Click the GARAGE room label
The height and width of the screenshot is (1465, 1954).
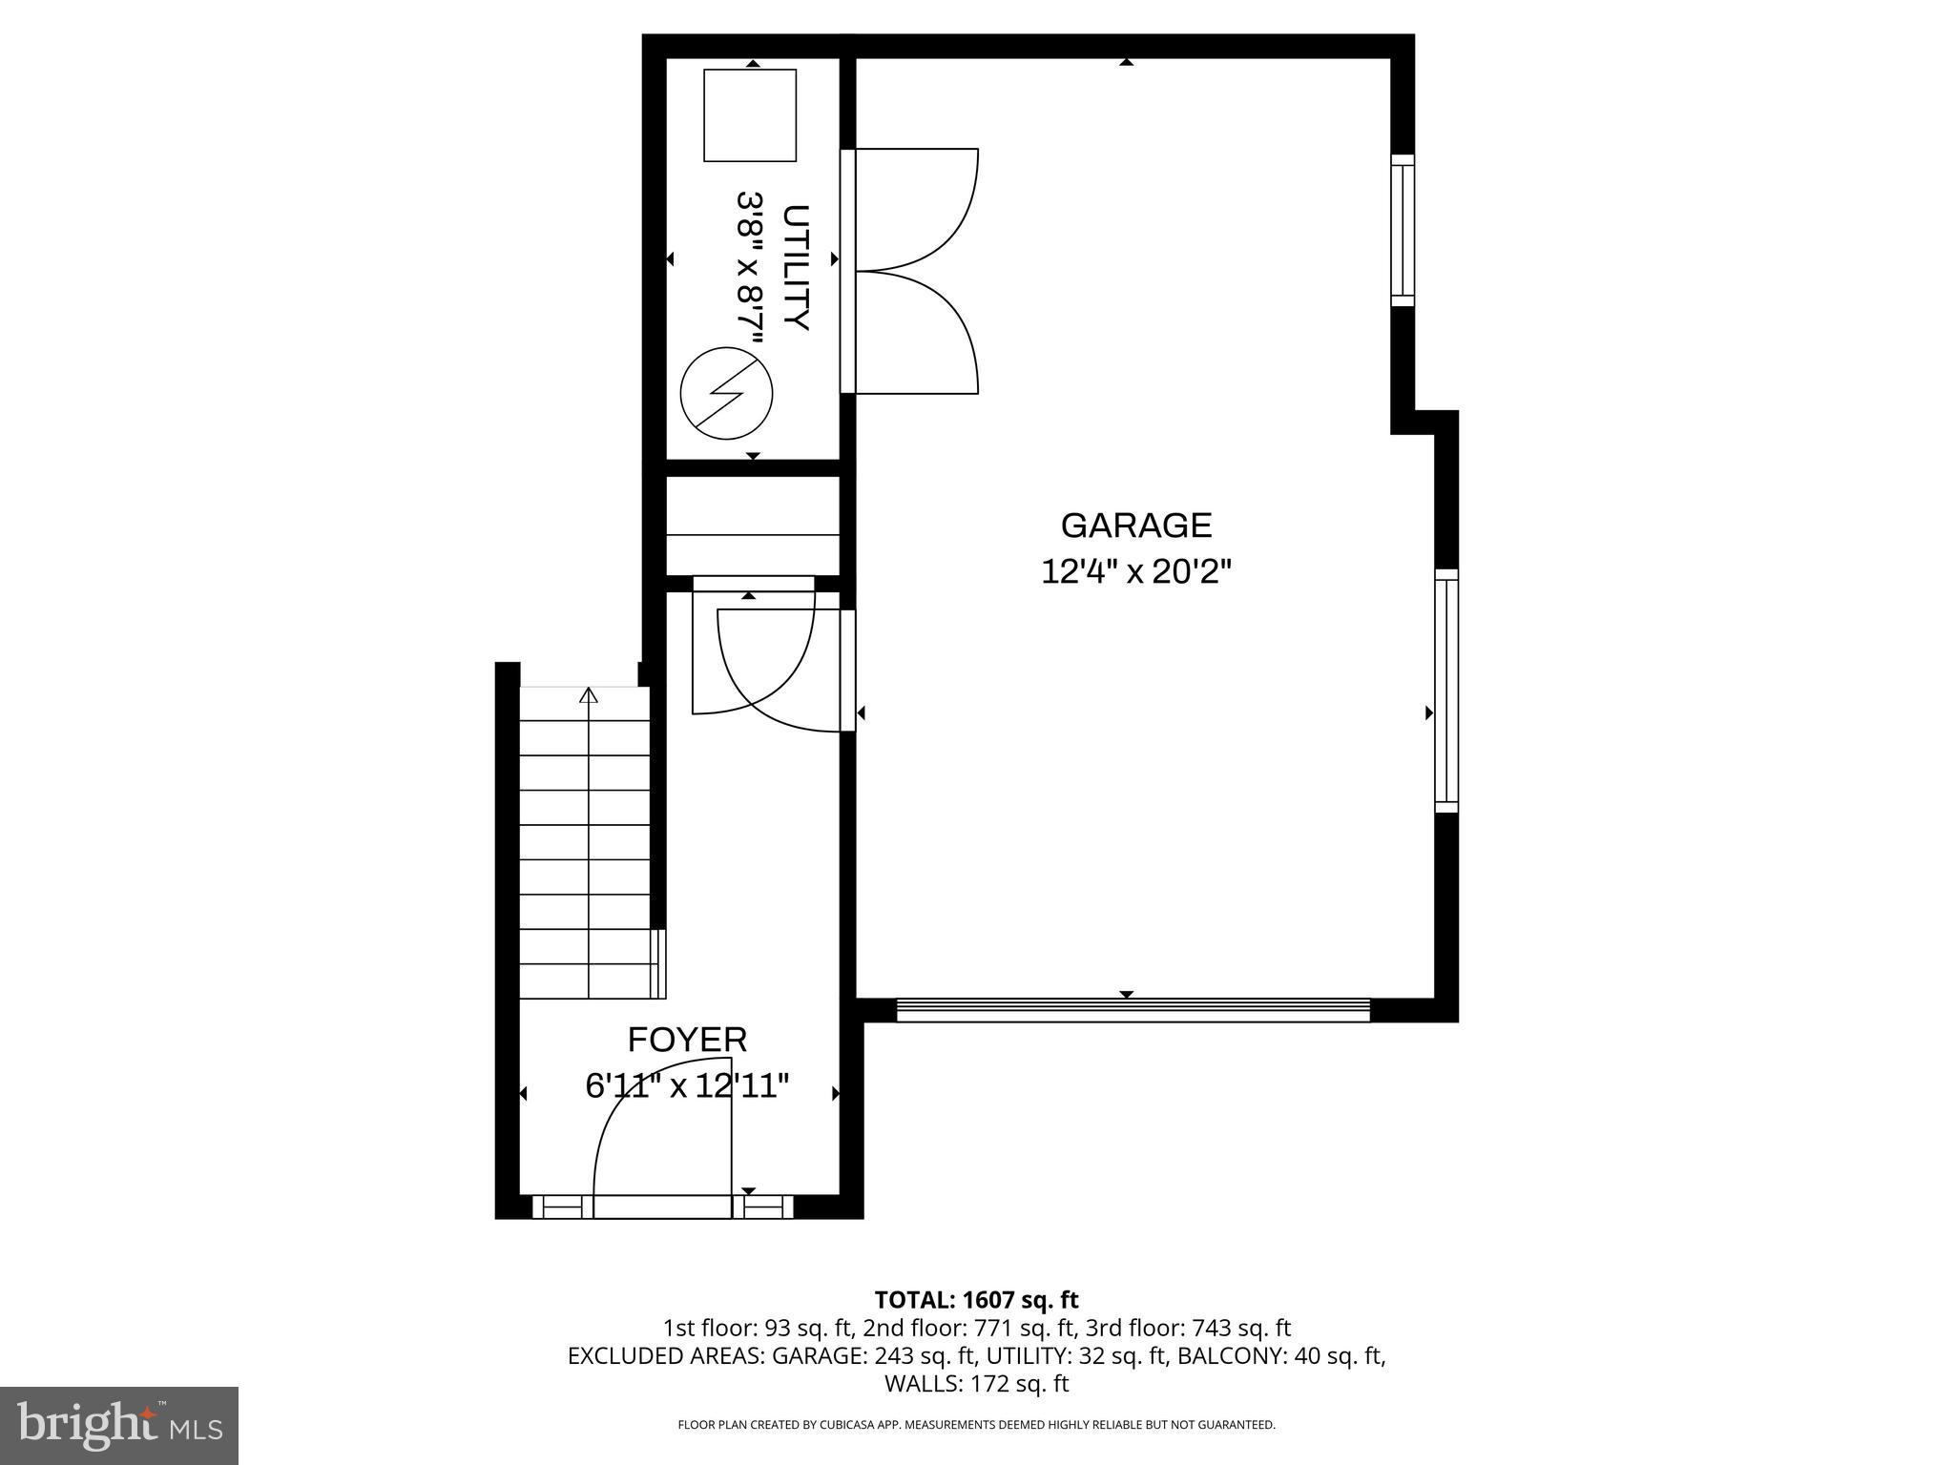[x=1135, y=526]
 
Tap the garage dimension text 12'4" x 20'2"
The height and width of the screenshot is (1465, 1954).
[x=1135, y=572]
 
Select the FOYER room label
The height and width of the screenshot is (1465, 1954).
[x=687, y=1039]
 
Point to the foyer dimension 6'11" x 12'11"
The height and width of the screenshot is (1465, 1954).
[x=687, y=1085]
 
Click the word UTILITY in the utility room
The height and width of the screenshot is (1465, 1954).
[x=796, y=267]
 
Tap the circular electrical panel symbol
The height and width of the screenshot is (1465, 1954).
[x=726, y=393]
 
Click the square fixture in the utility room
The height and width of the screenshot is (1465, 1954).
[x=750, y=114]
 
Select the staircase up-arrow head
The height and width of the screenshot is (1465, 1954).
[x=589, y=695]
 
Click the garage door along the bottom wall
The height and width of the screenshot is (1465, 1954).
[x=1133, y=1010]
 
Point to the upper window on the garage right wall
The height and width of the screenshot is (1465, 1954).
[x=1402, y=230]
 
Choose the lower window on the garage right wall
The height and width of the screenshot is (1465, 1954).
[x=1446, y=691]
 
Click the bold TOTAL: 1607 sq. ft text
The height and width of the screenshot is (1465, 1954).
[x=976, y=1299]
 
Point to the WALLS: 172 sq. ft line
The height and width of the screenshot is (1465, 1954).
[x=976, y=1383]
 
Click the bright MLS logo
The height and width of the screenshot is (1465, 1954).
[x=119, y=1425]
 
